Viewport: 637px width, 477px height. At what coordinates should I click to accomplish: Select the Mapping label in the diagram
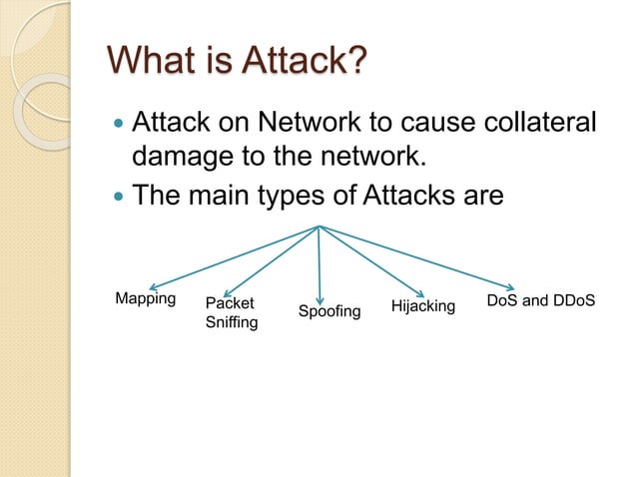click(x=145, y=299)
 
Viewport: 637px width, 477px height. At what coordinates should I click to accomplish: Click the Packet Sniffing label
click(x=231, y=312)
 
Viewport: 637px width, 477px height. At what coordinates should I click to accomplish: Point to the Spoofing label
click(x=329, y=313)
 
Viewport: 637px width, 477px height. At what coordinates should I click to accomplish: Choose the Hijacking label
click(x=422, y=305)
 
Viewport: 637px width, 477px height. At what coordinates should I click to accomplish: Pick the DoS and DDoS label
click(x=540, y=300)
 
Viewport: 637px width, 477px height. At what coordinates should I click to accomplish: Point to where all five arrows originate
click(x=318, y=227)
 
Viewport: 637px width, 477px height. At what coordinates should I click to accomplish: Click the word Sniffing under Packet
click(x=231, y=323)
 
